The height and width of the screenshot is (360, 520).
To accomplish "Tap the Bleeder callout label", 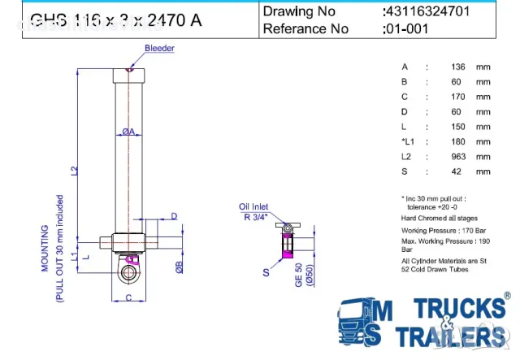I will click(x=159, y=49).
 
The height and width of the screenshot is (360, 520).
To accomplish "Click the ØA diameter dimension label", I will click(x=128, y=132).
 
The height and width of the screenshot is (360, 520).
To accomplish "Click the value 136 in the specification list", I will click(x=458, y=67).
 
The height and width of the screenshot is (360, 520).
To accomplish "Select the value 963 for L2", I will click(x=458, y=156).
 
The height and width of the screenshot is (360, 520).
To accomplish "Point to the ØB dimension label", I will click(x=179, y=267).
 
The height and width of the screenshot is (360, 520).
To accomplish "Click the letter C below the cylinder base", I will click(x=128, y=298).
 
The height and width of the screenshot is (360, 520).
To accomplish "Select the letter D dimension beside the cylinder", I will click(x=174, y=215).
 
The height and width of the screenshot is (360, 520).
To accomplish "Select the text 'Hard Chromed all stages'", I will click(x=440, y=218).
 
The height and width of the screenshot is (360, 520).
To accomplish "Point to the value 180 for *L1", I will click(x=458, y=141).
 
